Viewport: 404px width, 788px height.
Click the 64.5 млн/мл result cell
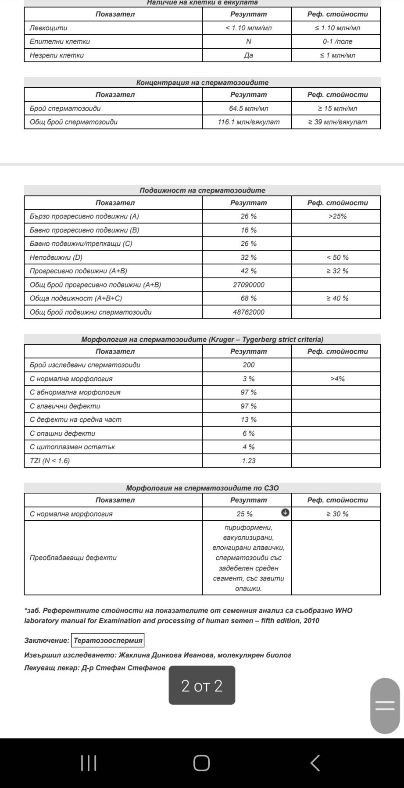pos(248,108)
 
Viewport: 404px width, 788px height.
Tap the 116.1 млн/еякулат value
pos(248,122)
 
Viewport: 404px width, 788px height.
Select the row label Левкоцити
pos(49,28)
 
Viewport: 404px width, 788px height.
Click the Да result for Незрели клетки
pos(248,55)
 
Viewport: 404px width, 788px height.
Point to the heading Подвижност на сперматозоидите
pos(202,190)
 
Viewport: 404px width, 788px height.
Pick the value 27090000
pos(248,285)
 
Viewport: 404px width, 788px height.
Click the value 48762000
pos(248,312)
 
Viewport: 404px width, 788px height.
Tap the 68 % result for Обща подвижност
pos(248,298)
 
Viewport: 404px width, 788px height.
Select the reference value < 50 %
pos(337,258)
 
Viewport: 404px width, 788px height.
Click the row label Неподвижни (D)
pos(56,258)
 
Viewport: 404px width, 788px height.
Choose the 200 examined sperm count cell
pos(248,365)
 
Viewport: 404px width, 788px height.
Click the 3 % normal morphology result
pos(248,379)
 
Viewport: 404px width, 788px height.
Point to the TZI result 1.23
pos(248,461)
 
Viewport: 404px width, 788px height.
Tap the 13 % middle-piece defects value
pos(248,419)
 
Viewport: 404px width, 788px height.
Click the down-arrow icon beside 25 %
pos(285,512)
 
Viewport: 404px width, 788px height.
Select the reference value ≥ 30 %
pos(337,514)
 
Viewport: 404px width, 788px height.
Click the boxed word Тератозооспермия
pos(108,641)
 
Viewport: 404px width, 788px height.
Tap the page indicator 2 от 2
pos(202,686)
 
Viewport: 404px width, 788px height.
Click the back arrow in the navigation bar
pos(315,763)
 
